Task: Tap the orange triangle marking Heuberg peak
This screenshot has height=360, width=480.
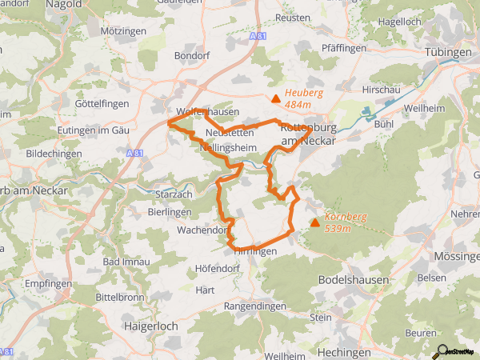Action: (x=276, y=99)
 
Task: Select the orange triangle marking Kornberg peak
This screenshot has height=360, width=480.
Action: (x=314, y=222)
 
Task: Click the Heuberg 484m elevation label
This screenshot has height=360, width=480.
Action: (x=303, y=98)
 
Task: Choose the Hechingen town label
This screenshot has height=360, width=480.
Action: (x=344, y=352)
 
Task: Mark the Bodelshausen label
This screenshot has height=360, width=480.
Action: (x=354, y=280)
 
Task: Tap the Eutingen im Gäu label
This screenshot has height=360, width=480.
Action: (x=94, y=130)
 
